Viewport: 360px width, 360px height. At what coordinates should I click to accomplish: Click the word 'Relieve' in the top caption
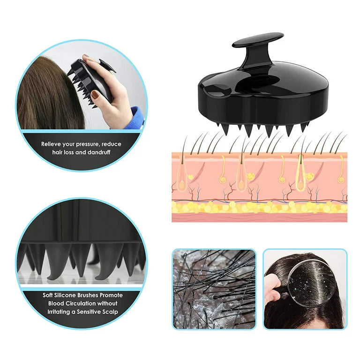(x=52, y=144)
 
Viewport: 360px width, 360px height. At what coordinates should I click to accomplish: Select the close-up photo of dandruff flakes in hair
(x=214, y=289)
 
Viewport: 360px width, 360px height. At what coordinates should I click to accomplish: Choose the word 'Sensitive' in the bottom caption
(x=84, y=312)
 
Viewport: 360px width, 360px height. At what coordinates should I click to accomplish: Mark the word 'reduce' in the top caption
(x=112, y=144)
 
